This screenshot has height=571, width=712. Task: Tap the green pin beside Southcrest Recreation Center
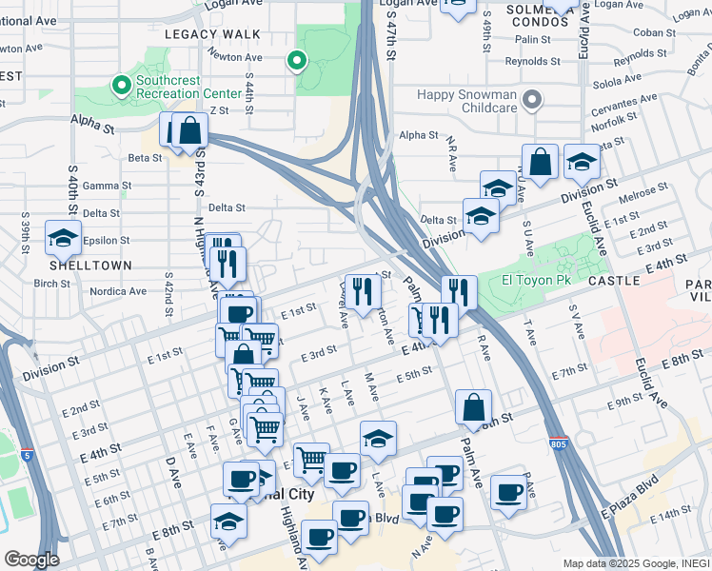pos(122,87)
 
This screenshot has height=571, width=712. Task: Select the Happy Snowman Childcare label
pos(467,101)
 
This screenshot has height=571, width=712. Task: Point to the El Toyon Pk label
pos(536,280)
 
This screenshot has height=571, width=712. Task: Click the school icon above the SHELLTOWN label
pos(63,239)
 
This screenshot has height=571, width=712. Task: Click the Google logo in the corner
pos(31,560)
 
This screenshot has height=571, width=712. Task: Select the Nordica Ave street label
pos(117,291)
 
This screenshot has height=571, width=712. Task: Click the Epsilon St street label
pos(106,240)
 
